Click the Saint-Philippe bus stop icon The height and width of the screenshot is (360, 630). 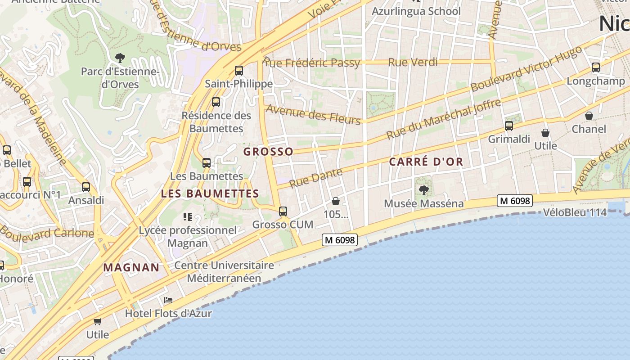point(239,71)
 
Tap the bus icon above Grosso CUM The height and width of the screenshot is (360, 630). point(283,211)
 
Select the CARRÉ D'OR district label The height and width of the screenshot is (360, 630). point(426,162)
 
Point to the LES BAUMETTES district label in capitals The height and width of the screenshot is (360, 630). point(210,194)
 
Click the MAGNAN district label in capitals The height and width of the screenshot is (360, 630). point(131,267)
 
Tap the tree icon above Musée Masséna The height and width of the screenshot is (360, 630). point(423,190)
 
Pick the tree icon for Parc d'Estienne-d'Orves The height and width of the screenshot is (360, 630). point(120,58)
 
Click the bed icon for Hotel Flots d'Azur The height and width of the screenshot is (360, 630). point(168,300)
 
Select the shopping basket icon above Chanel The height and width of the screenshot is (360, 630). point(589,116)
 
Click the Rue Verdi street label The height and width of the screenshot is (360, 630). point(413,62)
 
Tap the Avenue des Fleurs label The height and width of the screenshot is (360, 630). point(313,114)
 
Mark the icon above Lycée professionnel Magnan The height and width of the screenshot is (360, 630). point(188,217)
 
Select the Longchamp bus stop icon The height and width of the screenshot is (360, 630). point(596,68)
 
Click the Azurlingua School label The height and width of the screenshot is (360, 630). point(416,11)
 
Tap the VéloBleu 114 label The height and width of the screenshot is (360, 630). point(575,212)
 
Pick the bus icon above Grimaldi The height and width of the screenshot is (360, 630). point(509,126)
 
